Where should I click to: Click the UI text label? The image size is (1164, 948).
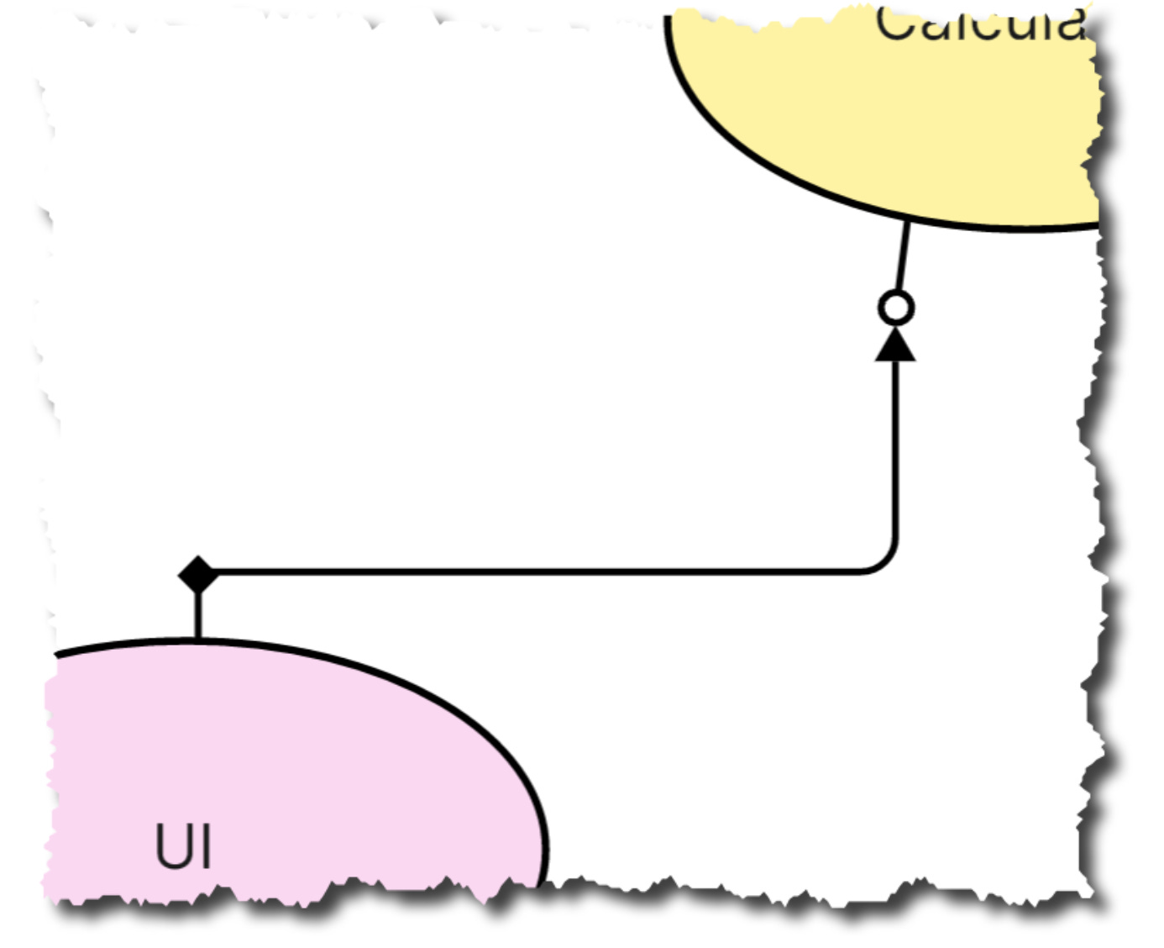coord(184,845)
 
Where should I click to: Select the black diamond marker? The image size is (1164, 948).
coord(198,575)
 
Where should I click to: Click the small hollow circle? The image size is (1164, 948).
coord(896,308)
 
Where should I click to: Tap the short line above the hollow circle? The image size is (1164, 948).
coord(903,256)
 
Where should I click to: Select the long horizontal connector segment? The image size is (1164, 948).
coord(537,572)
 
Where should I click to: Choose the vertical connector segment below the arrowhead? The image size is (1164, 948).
coord(896,445)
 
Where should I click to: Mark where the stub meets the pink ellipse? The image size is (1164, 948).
coord(197,640)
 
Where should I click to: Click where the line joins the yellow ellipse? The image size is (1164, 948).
coord(908,221)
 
